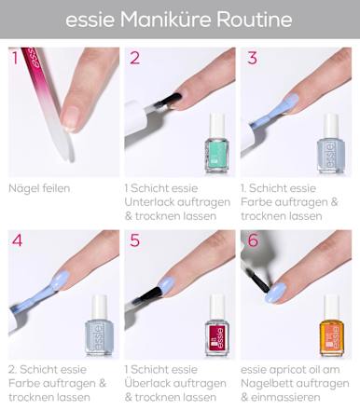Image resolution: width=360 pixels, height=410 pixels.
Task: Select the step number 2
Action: coord(135,60)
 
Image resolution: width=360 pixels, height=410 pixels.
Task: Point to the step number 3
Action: coord(252,60)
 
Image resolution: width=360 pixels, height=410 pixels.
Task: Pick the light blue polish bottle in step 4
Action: coord(98,331)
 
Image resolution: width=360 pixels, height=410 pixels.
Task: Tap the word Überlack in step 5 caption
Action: coord(151,384)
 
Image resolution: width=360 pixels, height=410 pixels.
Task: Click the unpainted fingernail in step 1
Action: coord(68,116)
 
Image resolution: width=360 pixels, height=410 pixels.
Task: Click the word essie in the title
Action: coord(92,19)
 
